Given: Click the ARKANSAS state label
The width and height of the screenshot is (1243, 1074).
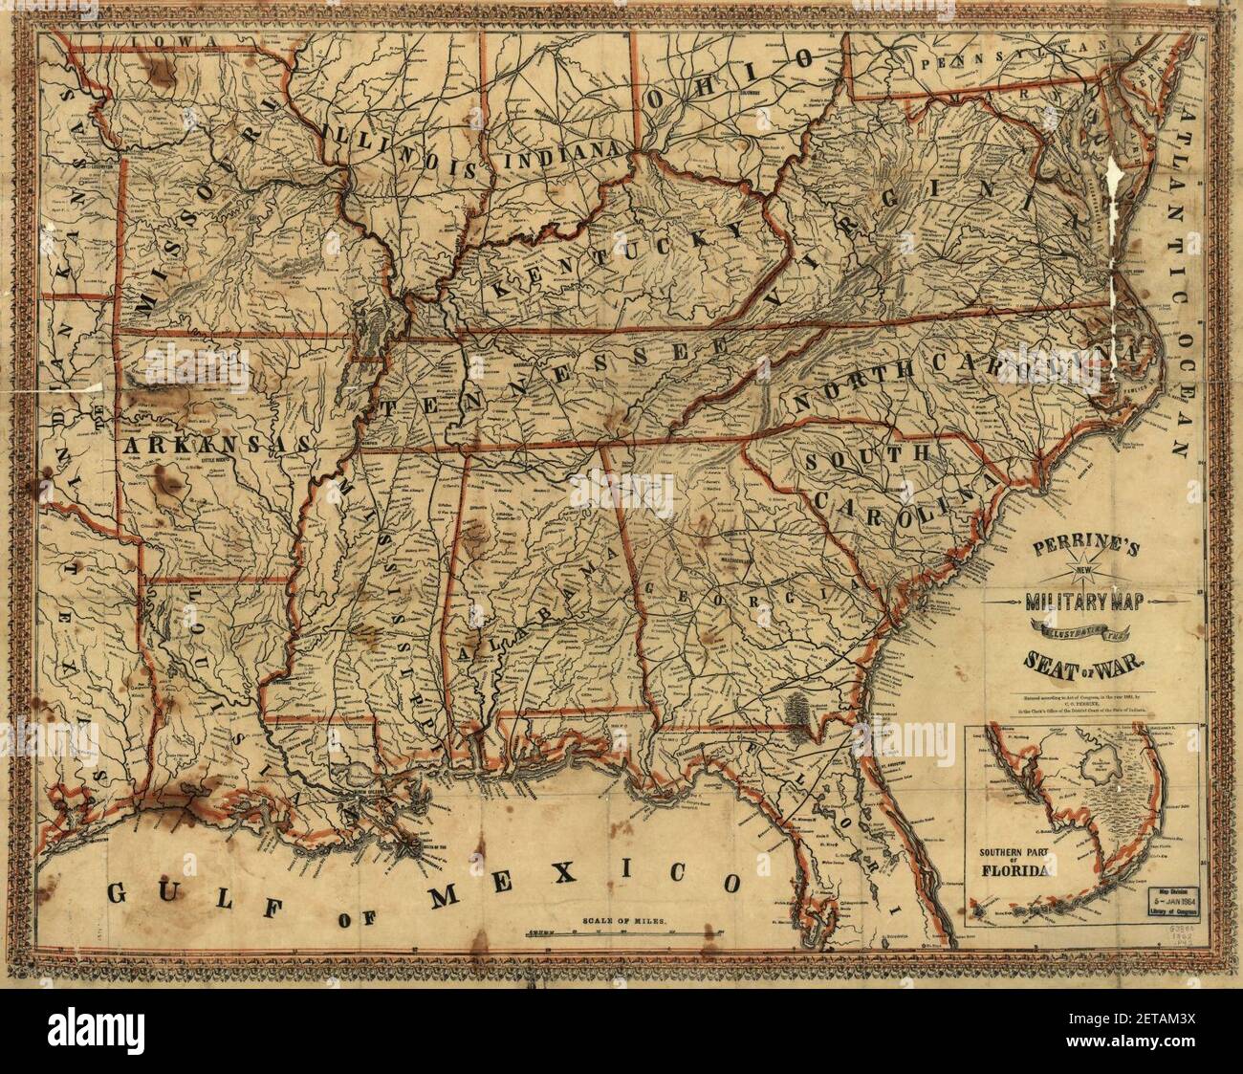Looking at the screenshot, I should click(215, 446).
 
